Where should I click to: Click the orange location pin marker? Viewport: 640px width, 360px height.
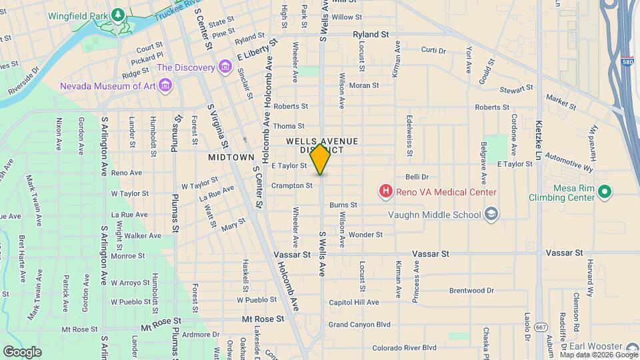321,159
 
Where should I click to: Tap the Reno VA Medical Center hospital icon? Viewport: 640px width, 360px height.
385,192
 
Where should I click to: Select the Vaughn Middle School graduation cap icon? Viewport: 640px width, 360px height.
491,214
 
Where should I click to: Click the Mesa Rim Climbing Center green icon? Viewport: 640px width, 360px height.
605,192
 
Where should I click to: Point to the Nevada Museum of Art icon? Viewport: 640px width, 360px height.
166,86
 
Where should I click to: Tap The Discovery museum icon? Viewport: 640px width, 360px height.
225,67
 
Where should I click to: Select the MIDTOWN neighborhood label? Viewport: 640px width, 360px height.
231,157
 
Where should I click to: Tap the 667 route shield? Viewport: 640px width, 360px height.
542,326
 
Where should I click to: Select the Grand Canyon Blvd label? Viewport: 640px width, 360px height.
359,325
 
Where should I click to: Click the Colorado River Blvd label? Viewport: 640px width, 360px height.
404,347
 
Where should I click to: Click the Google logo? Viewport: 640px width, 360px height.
22,351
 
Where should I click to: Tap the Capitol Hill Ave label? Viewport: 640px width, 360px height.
354,302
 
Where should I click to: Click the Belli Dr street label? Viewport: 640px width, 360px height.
417,177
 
